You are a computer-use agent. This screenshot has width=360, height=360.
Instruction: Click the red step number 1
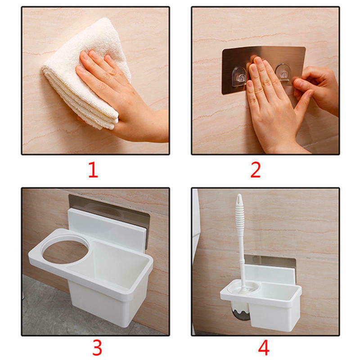coord(94,170)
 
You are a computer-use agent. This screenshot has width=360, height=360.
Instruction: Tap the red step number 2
coord(256,170)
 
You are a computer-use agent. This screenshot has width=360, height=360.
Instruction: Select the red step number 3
coord(97,348)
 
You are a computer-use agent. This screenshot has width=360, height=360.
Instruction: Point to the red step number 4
coord(264,348)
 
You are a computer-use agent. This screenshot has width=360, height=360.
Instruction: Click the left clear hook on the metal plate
coord(239,77)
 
